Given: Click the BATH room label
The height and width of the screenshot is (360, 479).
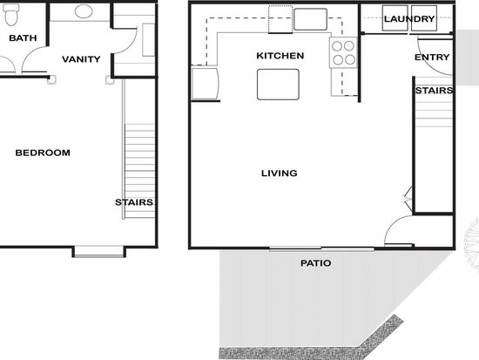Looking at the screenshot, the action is pyautogui.click(x=23, y=38).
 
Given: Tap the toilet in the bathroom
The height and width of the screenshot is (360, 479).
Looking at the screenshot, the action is pyautogui.click(x=12, y=14).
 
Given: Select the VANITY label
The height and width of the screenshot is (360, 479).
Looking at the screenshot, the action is pyautogui.click(x=81, y=59).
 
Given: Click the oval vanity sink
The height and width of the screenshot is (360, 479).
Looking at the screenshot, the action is pyautogui.click(x=84, y=11).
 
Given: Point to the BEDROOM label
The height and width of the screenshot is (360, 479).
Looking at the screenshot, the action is pyautogui.click(x=43, y=153).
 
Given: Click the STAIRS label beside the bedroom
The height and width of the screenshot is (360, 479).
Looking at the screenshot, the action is pyautogui.click(x=134, y=202).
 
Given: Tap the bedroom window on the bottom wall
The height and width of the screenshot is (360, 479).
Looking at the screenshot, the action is pyautogui.click(x=99, y=251).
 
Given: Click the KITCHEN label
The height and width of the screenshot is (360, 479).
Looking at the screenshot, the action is pyautogui.click(x=280, y=56).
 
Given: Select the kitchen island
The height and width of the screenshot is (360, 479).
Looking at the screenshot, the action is pyautogui.click(x=278, y=85).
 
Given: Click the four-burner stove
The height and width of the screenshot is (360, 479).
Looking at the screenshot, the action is pyautogui.click(x=343, y=52).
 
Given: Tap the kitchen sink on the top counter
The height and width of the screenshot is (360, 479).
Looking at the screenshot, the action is pyautogui.click(x=310, y=19).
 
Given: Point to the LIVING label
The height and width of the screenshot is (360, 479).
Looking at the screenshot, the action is pyautogui.click(x=280, y=173).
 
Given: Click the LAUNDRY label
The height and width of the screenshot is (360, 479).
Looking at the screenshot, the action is pyautogui.click(x=409, y=19).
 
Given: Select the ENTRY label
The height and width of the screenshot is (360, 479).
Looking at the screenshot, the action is pyautogui.click(x=432, y=58).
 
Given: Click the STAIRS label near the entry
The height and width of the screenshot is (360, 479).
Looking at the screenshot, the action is pyautogui.click(x=434, y=91).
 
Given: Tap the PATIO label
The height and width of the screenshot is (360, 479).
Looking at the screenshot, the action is pyautogui.click(x=315, y=263).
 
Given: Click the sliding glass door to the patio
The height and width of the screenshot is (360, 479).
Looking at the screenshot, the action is pyautogui.click(x=321, y=248).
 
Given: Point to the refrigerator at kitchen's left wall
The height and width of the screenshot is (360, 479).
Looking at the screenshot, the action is pyautogui.click(x=205, y=84).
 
